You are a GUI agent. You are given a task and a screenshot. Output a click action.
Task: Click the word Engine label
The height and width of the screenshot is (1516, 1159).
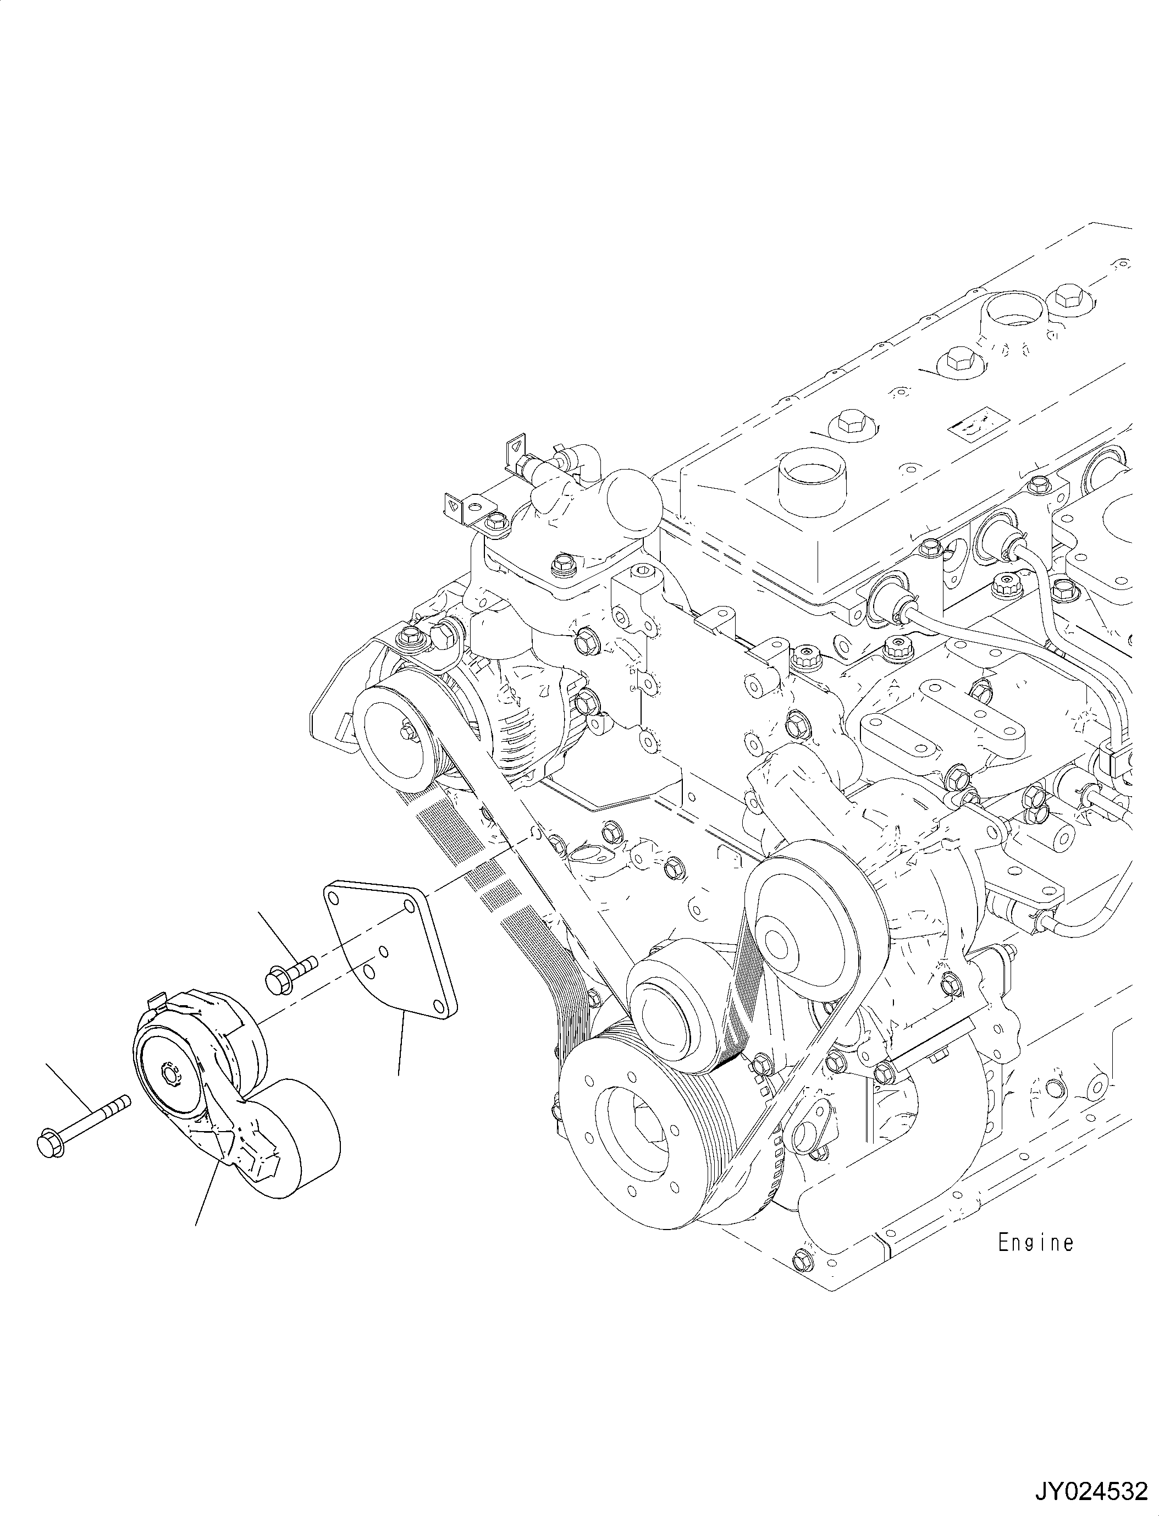coord(1035,1243)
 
